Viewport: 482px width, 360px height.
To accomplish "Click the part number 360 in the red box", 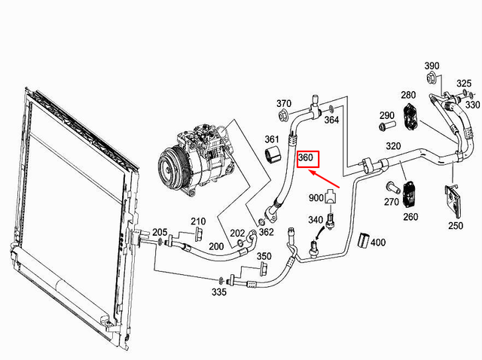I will pyautogui.click(x=307, y=159).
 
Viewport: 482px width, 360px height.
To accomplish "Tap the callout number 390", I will pyautogui.click(x=432, y=66).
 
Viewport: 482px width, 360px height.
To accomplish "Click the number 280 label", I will pyautogui.click(x=407, y=95).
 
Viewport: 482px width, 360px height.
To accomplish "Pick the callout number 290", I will pyautogui.click(x=386, y=115).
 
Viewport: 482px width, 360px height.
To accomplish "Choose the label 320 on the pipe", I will pyautogui.click(x=393, y=146).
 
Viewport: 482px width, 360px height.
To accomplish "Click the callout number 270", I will pyautogui.click(x=391, y=203).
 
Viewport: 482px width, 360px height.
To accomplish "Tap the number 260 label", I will pyautogui.click(x=410, y=218).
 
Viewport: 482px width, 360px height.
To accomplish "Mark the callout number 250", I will pyautogui.click(x=456, y=225).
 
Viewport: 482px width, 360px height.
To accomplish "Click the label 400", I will pyautogui.click(x=377, y=242).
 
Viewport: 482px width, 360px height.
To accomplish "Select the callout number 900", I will pyautogui.click(x=316, y=197).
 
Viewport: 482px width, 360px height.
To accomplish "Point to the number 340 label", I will pyautogui.click(x=316, y=220).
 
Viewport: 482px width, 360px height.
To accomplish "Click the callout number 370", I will pyautogui.click(x=283, y=103).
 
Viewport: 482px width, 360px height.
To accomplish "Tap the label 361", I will pyautogui.click(x=271, y=139).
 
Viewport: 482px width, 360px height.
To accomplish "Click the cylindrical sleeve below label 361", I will pyautogui.click(x=274, y=156).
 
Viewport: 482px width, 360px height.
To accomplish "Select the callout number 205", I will pyautogui.click(x=160, y=232).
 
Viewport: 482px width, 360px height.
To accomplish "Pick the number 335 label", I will pyautogui.click(x=218, y=291).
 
